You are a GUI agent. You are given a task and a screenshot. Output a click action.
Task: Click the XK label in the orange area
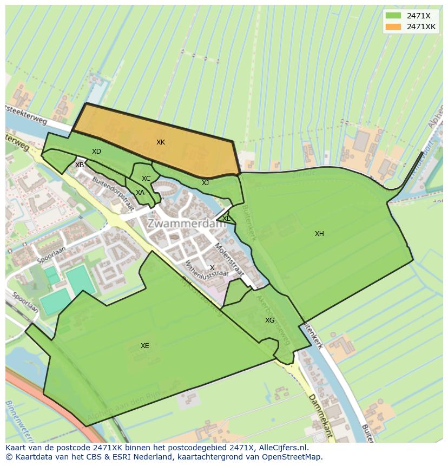[161, 142]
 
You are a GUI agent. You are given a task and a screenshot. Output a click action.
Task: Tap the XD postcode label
[96, 152]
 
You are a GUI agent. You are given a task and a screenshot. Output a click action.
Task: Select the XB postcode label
[80, 165]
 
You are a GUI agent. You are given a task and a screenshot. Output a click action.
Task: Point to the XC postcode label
[146, 179]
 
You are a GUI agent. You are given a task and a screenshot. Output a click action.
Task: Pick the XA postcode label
[140, 193]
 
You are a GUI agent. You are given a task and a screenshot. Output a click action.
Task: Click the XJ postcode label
[205, 183]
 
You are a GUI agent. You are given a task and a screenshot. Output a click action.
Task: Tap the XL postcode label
[226, 219]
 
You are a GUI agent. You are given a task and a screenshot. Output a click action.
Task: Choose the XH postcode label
[319, 234]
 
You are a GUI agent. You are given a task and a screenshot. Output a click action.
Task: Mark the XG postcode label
[269, 320]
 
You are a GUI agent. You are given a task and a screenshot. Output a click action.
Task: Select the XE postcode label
[144, 346]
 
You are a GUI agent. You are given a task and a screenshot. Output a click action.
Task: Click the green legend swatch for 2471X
[393, 16]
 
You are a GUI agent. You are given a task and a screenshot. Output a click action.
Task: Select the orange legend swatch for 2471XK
[393, 27]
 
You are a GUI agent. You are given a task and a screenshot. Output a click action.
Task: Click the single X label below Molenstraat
[212, 268]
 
